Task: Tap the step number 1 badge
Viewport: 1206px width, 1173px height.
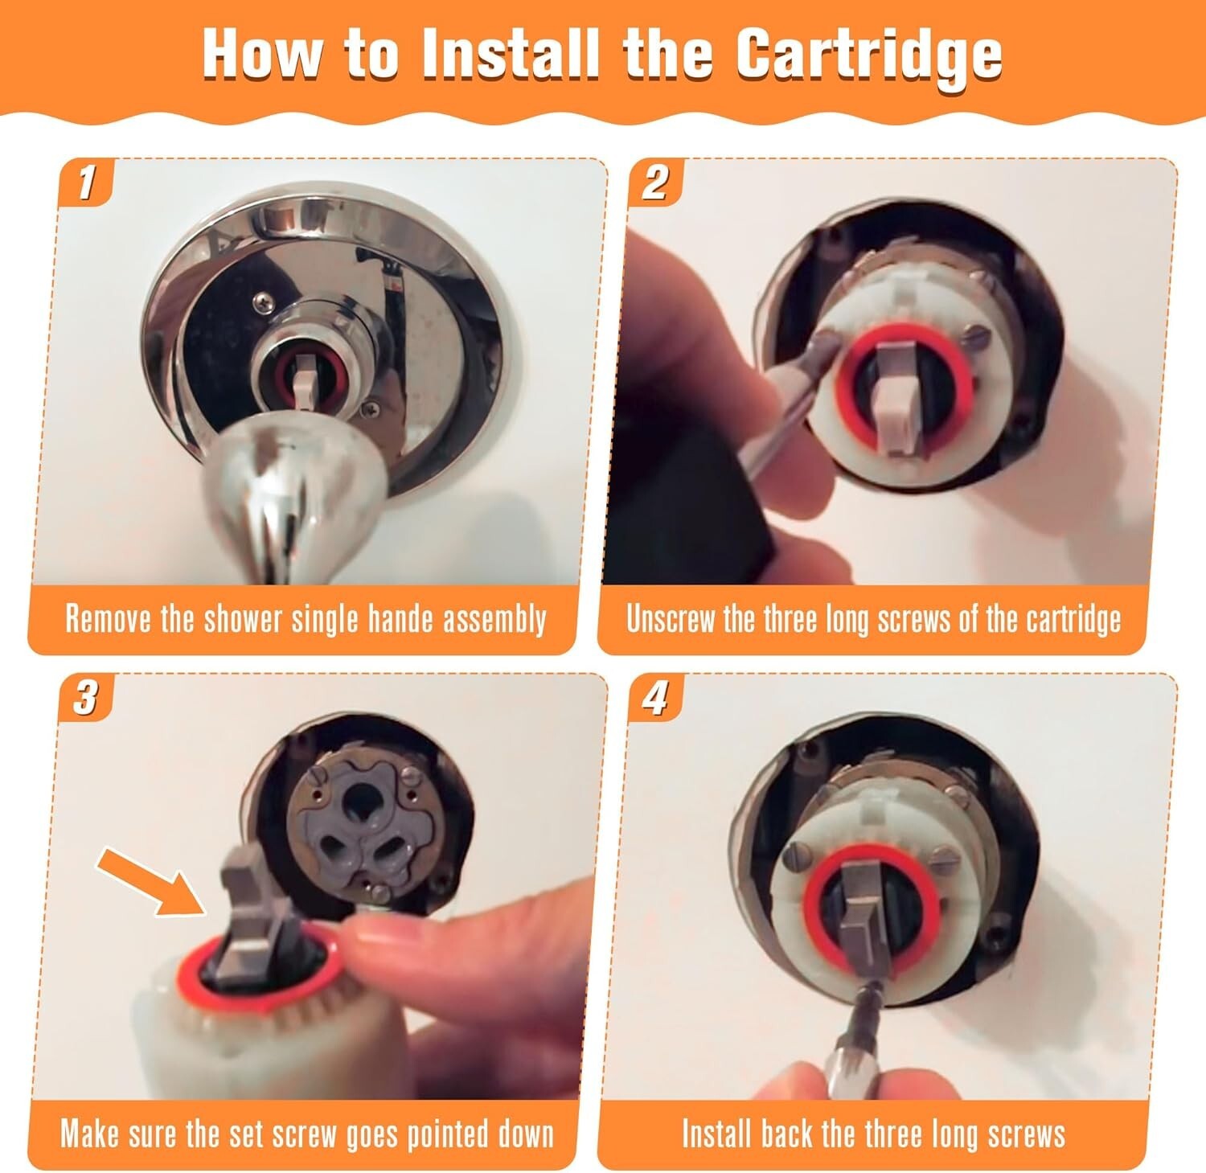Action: pos(86,182)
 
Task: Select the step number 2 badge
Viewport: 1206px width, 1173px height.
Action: pos(655,182)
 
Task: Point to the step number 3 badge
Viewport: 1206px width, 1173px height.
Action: pos(86,697)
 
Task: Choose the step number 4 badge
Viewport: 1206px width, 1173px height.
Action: pos(655,697)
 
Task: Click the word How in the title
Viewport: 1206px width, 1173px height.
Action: pos(262,54)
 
